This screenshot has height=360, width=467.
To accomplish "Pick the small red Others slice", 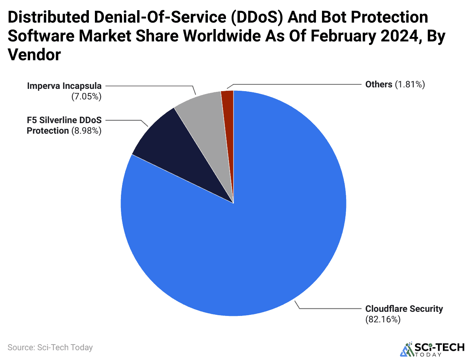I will pos(228,113).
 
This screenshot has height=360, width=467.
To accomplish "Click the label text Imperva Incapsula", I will pos(64,86).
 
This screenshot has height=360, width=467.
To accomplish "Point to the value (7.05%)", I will pos(86,96).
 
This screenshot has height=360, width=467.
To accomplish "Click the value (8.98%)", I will pos(86,131).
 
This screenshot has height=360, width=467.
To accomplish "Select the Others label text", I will pos(378,84).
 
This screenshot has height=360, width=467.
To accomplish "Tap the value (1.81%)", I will pos(410,84).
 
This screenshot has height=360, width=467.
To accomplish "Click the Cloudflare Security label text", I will pos(404,309).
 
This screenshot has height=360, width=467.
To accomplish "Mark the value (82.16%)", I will pos(383,319).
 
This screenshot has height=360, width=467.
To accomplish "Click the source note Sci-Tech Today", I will pos(50,347).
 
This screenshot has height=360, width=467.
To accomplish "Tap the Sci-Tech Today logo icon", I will pos(406,349).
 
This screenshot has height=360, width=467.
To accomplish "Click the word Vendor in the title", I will pos(34,55).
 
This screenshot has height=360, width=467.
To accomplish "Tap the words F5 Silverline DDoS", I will pos(64,120).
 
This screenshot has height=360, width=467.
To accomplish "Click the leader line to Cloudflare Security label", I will pos(331,308).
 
